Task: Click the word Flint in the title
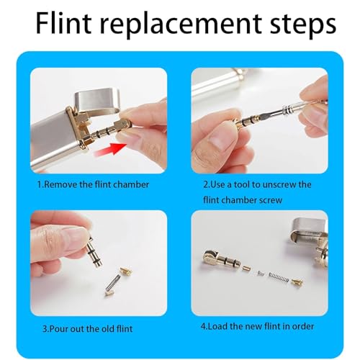pyautogui.click(x=63, y=24)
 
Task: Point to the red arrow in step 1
pyautogui.click(x=110, y=149)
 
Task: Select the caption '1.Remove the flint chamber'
pyautogui.click(x=93, y=184)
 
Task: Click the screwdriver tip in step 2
pyautogui.click(x=264, y=117)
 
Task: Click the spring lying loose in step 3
pyautogui.click(x=112, y=284)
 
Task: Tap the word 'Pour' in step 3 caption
pyautogui.click(x=58, y=328)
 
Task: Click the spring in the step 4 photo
pyautogui.click(x=279, y=277)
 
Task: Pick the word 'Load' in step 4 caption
pyautogui.click(x=217, y=326)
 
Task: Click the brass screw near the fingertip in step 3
pyautogui.click(x=126, y=271)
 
